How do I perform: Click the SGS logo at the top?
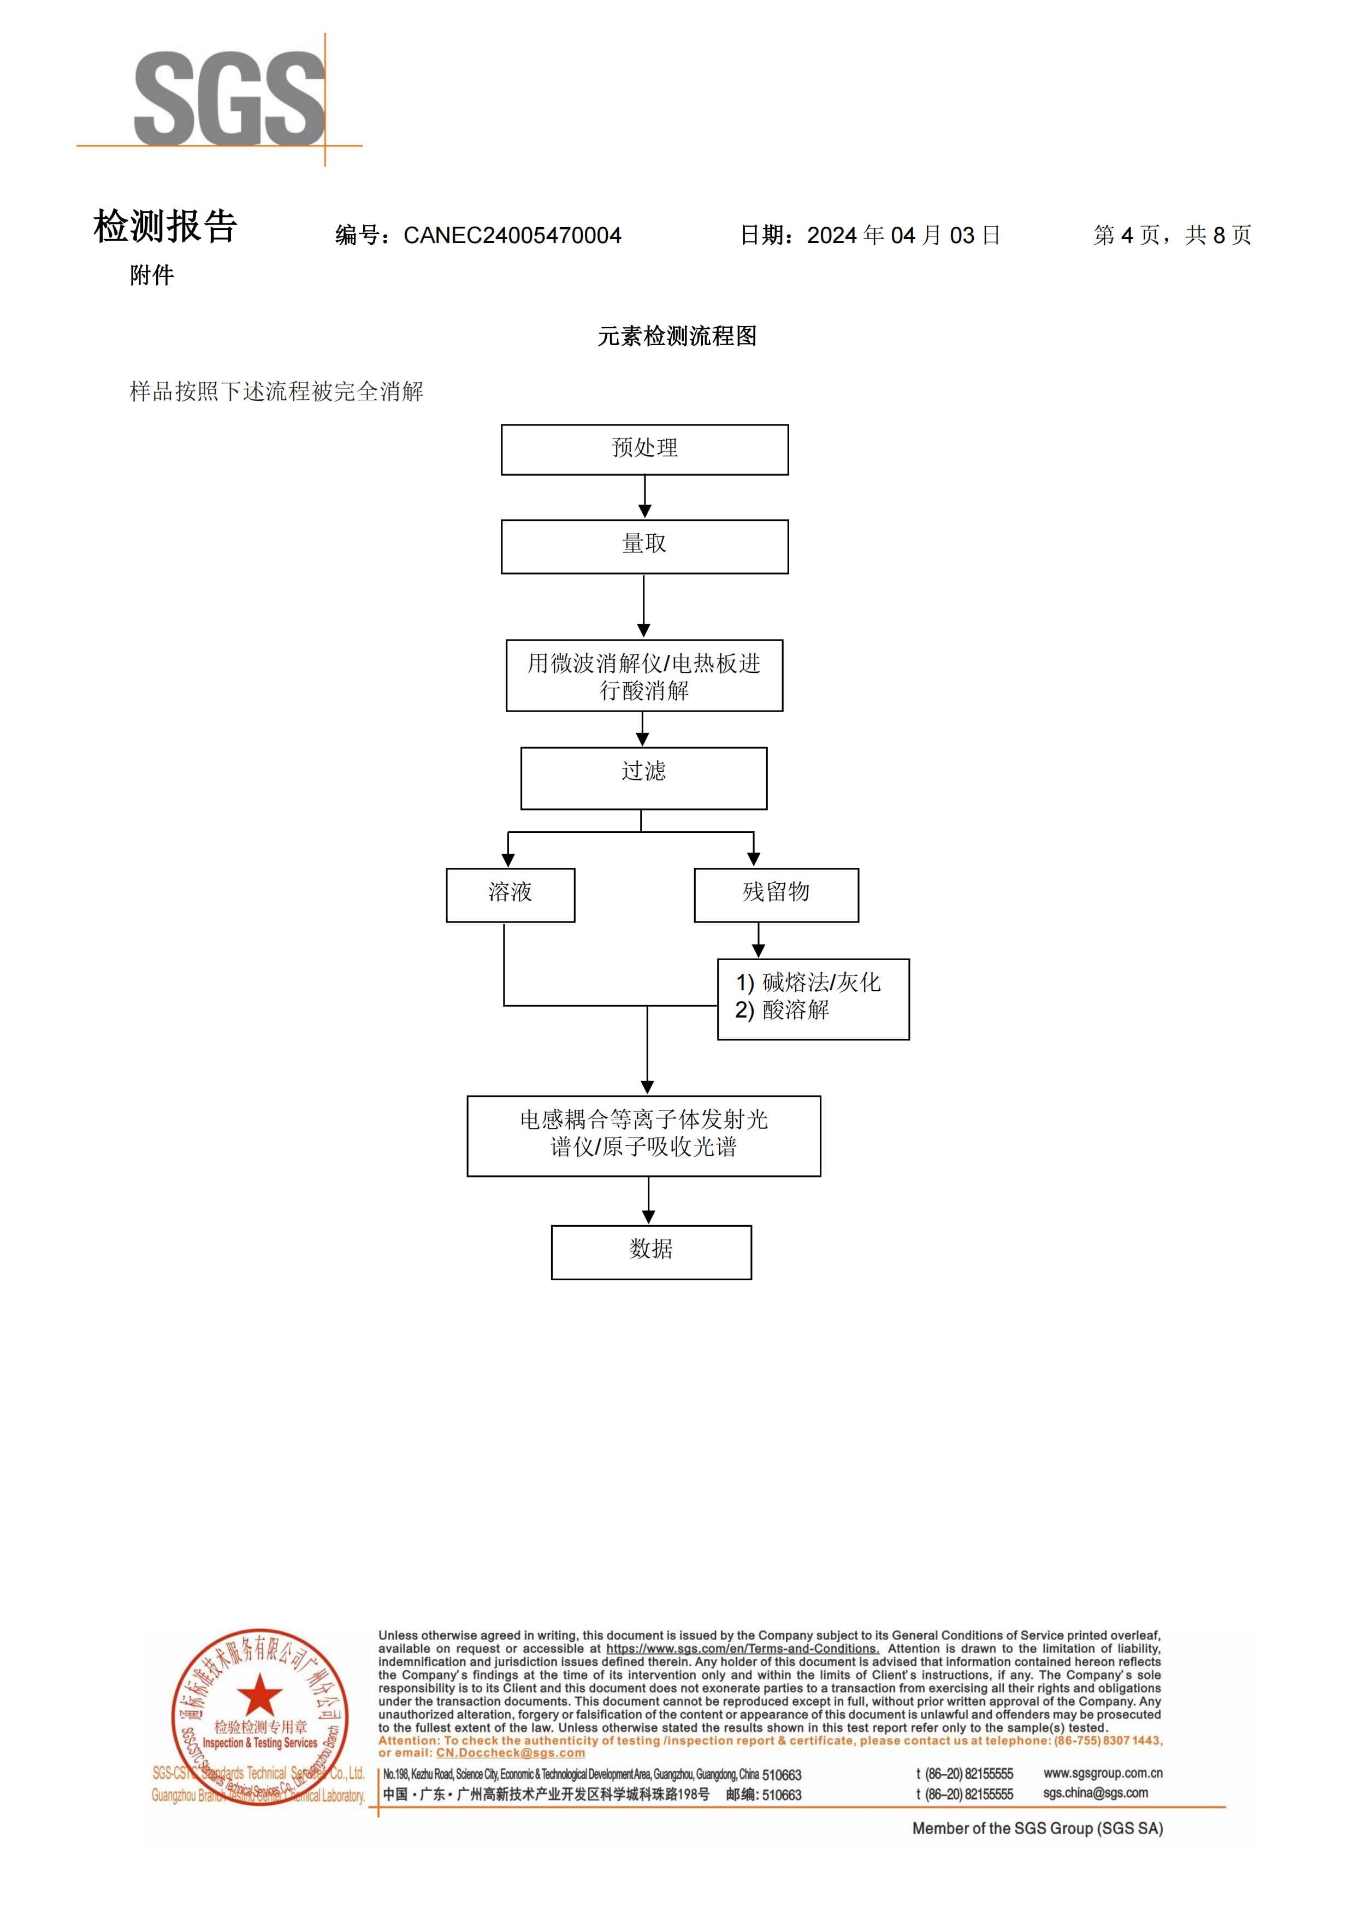click(229, 98)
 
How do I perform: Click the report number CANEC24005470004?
click(512, 235)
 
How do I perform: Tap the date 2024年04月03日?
click(904, 235)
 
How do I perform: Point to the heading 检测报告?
click(165, 226)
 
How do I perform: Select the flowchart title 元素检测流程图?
click(677, 336)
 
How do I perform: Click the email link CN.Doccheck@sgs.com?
click(511, 1753)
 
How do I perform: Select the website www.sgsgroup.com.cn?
click(1103, 1773)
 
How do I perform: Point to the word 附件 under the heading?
click(152, 275)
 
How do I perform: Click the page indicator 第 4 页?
click(1126, 235)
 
